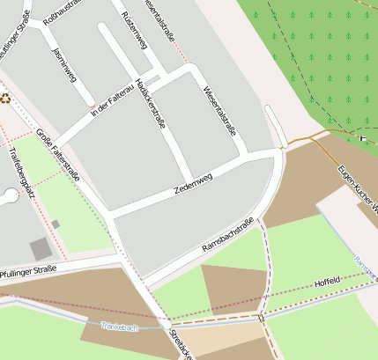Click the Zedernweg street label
pyautogui.click(x=194, y=184)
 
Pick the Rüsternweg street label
pyautogui.click(x=134, y=26)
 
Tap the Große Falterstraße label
pyautogui.click(x=59, y=154)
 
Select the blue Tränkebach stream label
pyautogui.click(x=120, y=327)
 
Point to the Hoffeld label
pyautogui.click(x=327, y=283)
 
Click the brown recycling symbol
pyautogui.click(x=4, y=99)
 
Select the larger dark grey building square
pyautogui.click(x=41, y=249)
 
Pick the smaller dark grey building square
pyautogui.click(x=56, y=224)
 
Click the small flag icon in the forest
pyautogui.click(x=362, y=138)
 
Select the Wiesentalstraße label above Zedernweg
pyautogui.click(x=220, y=112)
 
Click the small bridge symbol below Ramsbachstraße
pyautogui.click(x=261, y=316)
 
